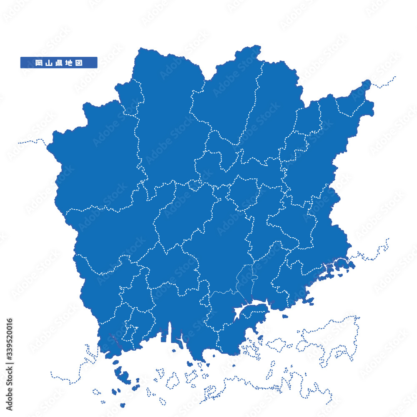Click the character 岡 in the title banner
38,63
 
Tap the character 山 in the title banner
48,63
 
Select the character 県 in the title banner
58,63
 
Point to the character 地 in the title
69,63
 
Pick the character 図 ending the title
79,63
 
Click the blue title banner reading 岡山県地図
58,63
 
